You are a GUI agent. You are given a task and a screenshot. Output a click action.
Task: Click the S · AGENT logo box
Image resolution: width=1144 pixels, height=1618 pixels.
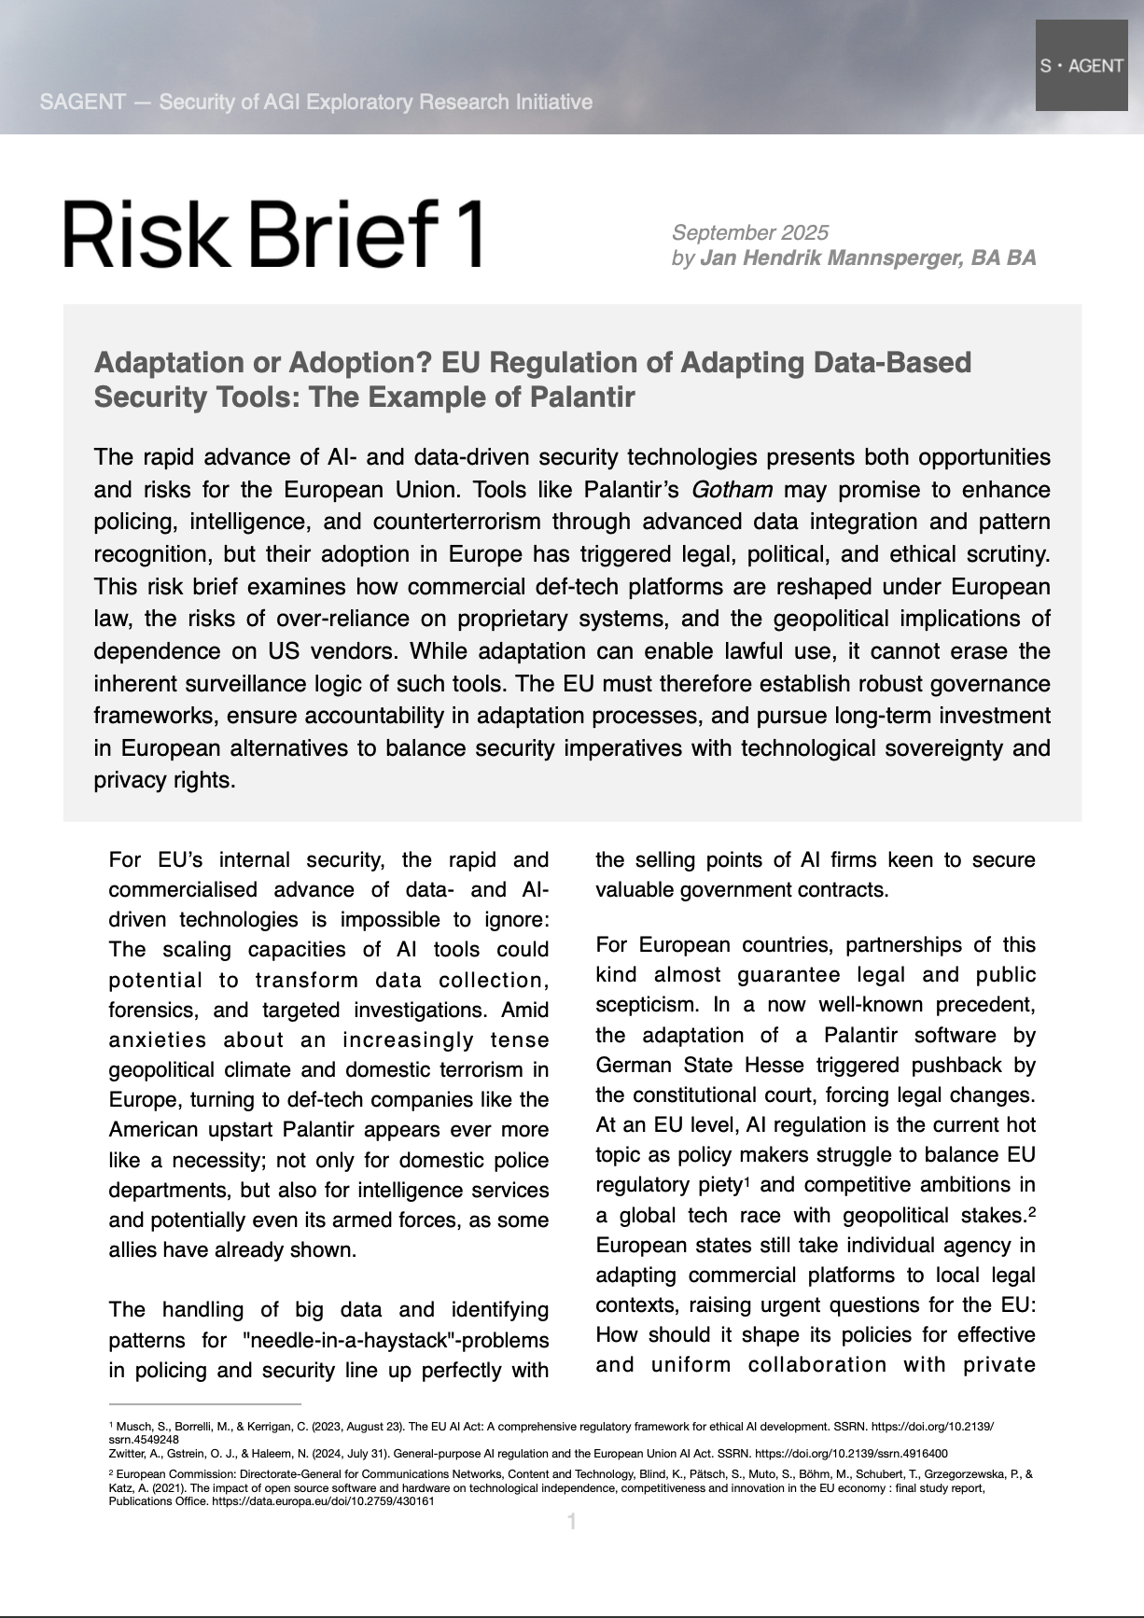point(1081,65)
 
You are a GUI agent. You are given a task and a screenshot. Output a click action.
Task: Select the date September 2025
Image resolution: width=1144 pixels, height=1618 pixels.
point(749,232)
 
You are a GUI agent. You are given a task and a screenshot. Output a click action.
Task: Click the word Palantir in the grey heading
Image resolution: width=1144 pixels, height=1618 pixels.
point(582,397)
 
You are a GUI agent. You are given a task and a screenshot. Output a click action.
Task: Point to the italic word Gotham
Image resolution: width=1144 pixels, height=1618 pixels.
point(732,490)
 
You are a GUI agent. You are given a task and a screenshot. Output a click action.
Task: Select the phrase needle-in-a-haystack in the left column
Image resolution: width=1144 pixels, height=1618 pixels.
point(349,1341)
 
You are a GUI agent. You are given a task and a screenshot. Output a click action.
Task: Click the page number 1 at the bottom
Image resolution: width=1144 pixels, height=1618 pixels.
point(571,1523)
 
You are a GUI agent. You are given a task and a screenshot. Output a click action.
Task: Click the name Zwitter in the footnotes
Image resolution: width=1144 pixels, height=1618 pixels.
point(125,1453)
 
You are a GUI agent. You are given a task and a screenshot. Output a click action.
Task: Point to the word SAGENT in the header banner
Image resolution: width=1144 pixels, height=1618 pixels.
point(82,102)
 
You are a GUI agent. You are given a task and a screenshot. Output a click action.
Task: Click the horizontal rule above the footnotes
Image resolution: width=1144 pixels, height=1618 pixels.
point(204,1403)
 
